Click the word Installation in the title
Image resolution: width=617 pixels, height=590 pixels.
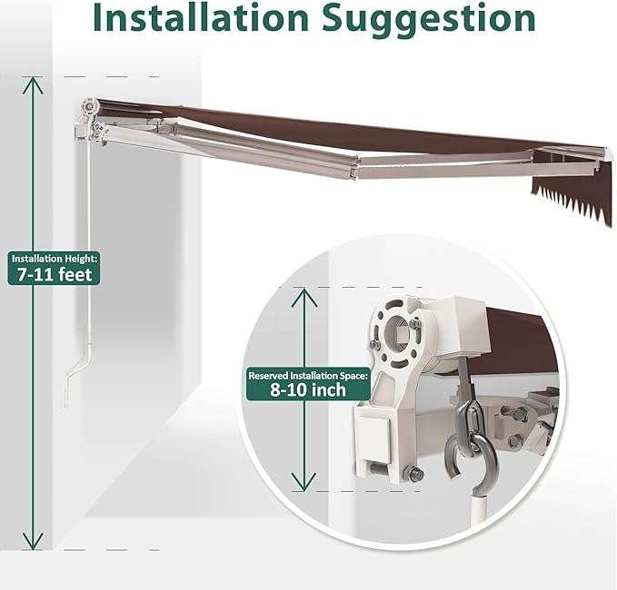coord(201,17)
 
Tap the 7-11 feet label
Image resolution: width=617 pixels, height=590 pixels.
coord(55,274)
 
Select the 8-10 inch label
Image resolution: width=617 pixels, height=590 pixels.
coord(308,390)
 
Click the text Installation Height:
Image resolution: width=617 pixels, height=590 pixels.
coord(54,259)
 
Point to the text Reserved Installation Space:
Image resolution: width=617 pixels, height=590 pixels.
coord(309,376)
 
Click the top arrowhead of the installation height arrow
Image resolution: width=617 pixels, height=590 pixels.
coord(33,85)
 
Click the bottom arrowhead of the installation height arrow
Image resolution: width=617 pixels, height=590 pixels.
coord(33,541)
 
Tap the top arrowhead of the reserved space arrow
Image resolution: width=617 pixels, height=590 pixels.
coord(304,297)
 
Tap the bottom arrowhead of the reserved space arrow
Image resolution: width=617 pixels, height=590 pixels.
coord(304,481)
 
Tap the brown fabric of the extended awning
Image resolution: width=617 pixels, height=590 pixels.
coord(354,130)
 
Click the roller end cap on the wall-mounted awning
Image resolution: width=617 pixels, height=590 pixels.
coord(90,107)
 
